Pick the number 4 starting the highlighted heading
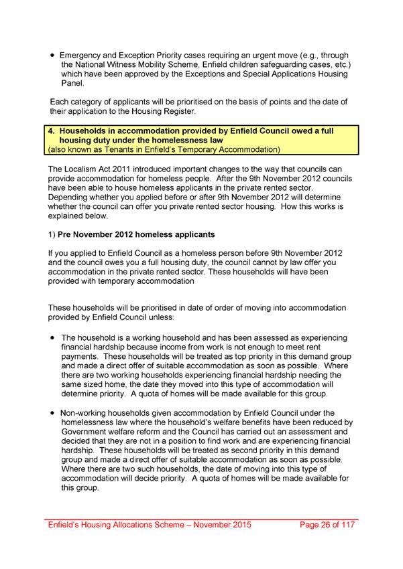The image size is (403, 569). click(50, 131)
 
